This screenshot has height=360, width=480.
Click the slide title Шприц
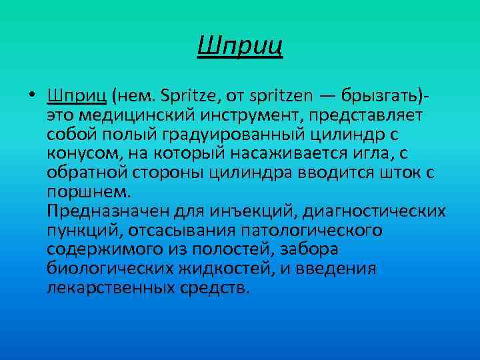click(241, 47)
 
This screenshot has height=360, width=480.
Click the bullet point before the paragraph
click(32, 97)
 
